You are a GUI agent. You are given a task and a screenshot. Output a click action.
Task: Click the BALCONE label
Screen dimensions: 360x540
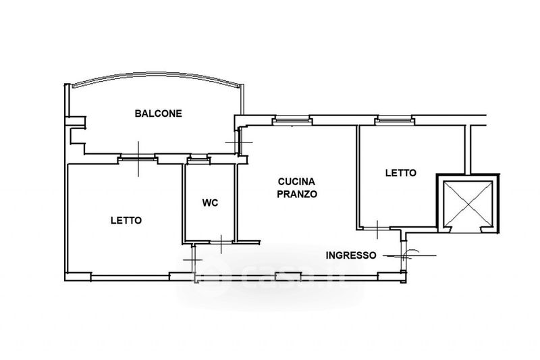tap(158, 113)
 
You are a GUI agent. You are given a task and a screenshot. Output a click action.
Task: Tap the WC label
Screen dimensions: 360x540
tap(210, 203)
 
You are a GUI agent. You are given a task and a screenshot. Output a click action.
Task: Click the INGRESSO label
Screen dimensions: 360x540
tap(351, 255)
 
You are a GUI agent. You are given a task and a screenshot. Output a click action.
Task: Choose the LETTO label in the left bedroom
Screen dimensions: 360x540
tap(126, 220)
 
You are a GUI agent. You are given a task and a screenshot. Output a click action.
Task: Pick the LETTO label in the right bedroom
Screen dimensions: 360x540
tap(401, 173)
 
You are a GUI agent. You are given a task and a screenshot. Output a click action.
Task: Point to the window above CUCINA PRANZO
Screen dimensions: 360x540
tap(293, 121)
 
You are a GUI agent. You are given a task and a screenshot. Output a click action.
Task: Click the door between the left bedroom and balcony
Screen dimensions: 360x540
tap(138, 159)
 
